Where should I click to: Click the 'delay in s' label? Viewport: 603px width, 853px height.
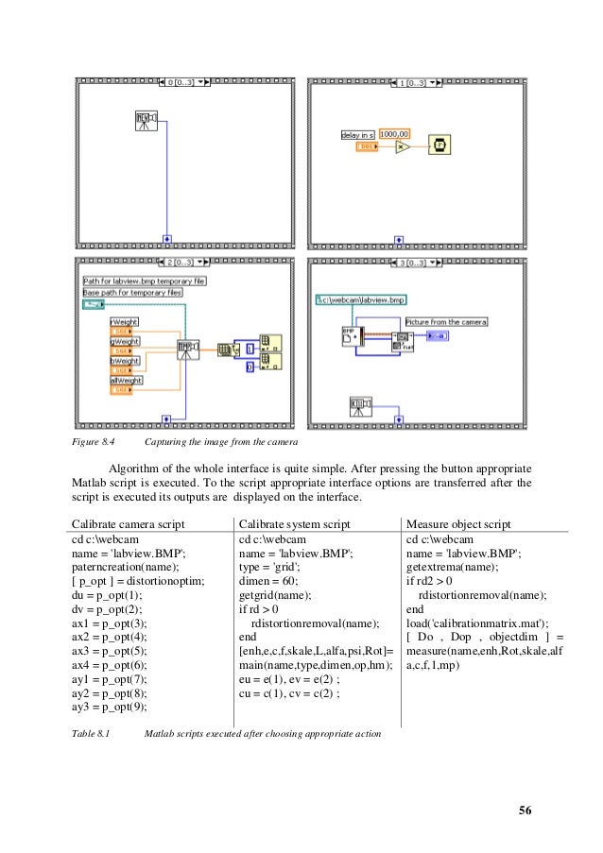pos(357,135)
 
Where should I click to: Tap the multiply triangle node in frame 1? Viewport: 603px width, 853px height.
pos(401,147)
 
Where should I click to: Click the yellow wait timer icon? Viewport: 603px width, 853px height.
pos(439,145)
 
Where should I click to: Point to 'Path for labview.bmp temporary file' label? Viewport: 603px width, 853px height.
pos(145,281)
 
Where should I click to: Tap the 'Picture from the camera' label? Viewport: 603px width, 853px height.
pos(448,322)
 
